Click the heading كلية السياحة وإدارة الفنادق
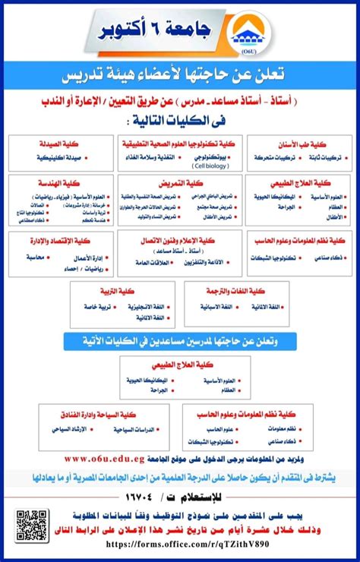[x=95, y=414]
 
